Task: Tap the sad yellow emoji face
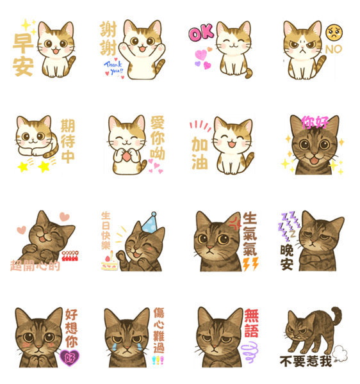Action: (x=334, y=33)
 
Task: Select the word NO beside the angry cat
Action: (x=334, y=49)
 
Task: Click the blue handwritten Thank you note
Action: (x=114, y=68)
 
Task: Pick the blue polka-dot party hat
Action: (x=150, y=223)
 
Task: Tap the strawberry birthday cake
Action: (x=110, y=263)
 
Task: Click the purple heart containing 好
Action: (x=70, y=358)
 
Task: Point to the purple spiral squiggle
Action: (x=249, y=351)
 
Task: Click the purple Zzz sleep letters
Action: (x=289, y=224)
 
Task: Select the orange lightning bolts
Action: (x=250, y=264)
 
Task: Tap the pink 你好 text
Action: (x=315, y=122)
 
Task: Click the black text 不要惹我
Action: (x=306, y=362)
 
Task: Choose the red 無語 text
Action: (x=252, y=323)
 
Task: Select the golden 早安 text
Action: (x=23, y=54)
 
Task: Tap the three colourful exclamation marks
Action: (x=158, y=360)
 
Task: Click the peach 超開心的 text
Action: (x=35, y=266)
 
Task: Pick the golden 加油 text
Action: (x=199, y=153)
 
